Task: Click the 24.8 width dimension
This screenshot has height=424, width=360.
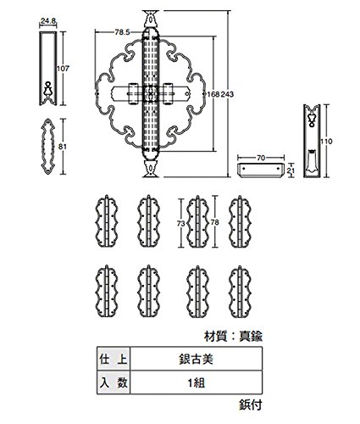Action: [48, 20]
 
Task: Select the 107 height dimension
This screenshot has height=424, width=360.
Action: [63, 68]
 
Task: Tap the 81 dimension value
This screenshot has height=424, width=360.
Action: [63, 147]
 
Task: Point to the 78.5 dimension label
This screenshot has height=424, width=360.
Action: [122, 32]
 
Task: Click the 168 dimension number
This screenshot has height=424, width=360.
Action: [213, 94]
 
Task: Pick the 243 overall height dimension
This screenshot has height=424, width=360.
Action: [227, 94]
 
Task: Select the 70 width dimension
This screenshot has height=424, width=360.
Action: [261, 158]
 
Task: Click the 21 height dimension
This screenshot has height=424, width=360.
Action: [291, 170]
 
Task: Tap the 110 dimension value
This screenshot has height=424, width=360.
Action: [326, 141]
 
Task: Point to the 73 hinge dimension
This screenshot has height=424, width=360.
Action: [181, 223]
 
